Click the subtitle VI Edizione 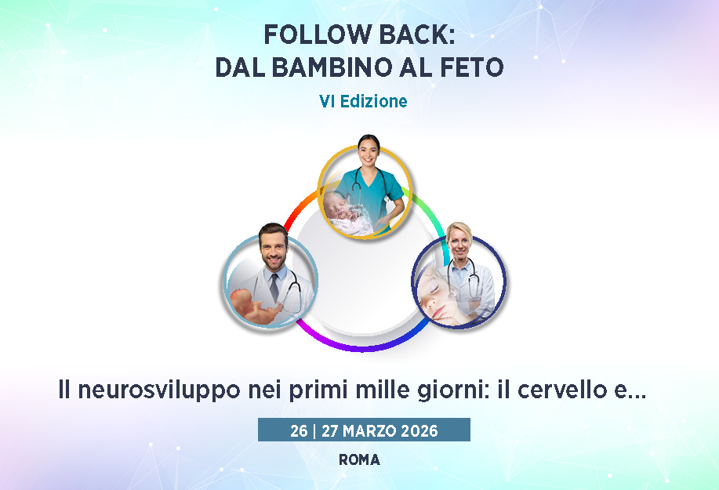click(363, 101)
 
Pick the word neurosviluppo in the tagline click(159, 391)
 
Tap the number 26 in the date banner click(299, 431)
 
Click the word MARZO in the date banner click(370, 431)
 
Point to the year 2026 click(419, 431)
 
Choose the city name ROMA click(359, 459)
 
